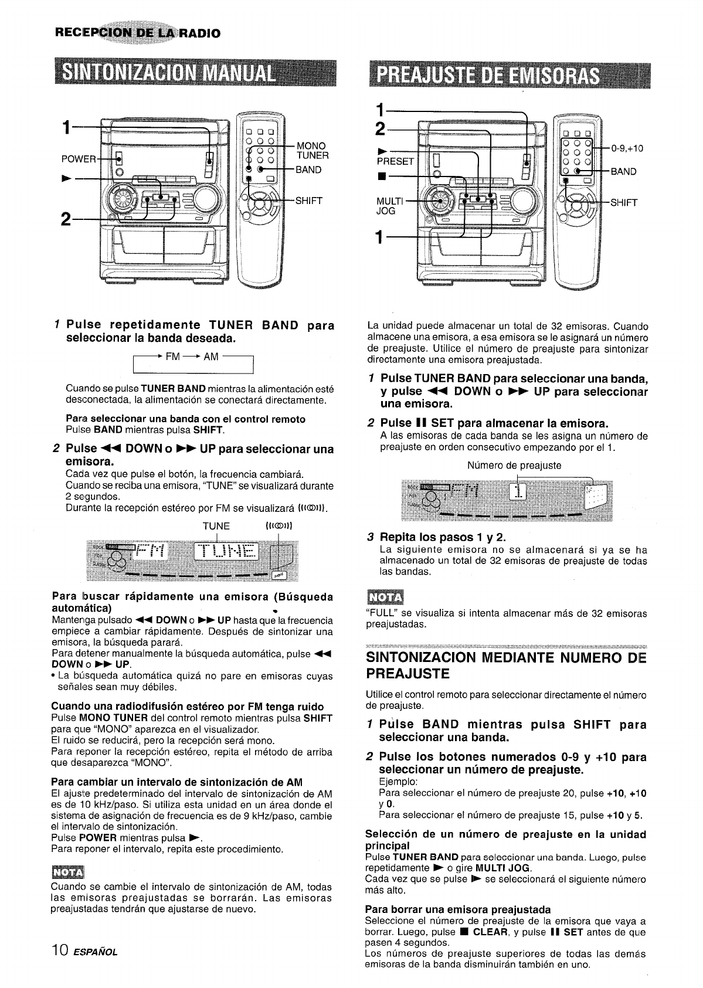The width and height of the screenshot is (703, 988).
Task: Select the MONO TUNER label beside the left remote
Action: tap(313, 151)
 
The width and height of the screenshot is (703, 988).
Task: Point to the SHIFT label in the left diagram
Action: tap(309, 201)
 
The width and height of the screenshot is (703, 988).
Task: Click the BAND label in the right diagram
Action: tap(623, 172)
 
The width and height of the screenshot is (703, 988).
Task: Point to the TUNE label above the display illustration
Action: tap(216, 525)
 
